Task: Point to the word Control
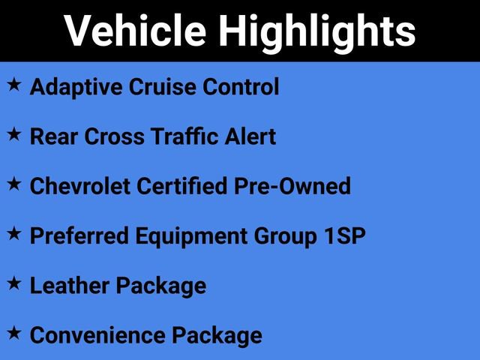coord(241,87)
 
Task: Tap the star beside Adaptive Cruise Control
coord(14,85)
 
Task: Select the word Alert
coord(252,136)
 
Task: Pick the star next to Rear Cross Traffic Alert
coord(14,135)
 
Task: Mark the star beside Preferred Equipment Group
coord(14,234)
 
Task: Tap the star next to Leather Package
coord(14,283)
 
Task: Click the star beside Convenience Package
coord(14,333)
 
